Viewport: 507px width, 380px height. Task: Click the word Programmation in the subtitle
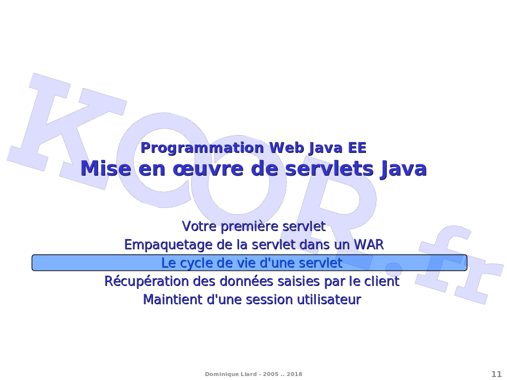203,148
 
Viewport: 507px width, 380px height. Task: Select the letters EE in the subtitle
357,148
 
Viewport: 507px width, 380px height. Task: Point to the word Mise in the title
106,169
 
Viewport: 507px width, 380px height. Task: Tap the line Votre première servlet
253,226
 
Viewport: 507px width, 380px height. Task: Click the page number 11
496,374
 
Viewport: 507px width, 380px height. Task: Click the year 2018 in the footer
294,374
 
